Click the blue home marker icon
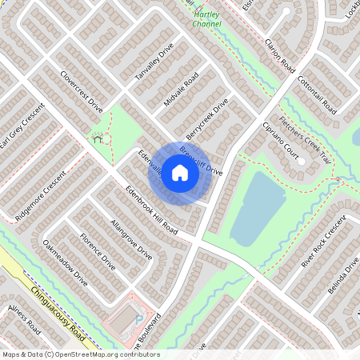(x=180, y=172)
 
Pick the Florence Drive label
(x=97, y=253)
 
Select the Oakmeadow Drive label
(x=65, y=263)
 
